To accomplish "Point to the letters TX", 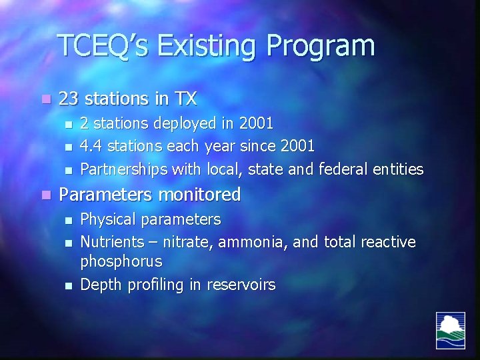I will (185, 99).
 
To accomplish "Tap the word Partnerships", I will (124, 170).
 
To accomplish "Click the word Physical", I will (106, 220).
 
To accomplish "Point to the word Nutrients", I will (111, 242).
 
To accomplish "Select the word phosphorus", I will (121, 262).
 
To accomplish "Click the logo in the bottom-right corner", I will (451, 330).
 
